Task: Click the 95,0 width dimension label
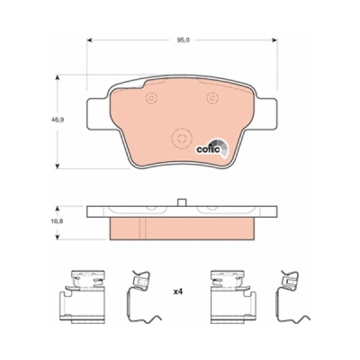182,40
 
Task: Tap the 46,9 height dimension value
55,119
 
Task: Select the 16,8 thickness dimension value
55,222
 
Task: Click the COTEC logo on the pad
212,148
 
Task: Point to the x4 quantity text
178,292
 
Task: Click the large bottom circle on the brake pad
181,139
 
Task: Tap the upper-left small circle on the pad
151,97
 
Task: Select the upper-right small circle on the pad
212,97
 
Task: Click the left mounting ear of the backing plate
97,113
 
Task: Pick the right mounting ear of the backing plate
265,113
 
